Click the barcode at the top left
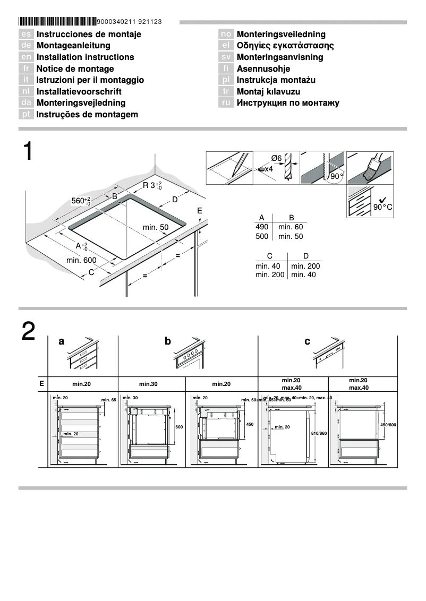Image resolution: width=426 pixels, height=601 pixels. pyautogui.click(x=57, y=22)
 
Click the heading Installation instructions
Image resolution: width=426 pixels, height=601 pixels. pyautogui.click(x=85, y=57)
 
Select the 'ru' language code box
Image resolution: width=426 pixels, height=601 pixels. pyautogui.click(x=226, y=103)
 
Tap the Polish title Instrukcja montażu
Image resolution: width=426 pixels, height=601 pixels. pyautogui.click(x=276, y=80)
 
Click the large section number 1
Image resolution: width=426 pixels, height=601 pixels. pyautogui.click(x=28, y=152)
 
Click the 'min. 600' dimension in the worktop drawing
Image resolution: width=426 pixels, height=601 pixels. pyautogui.click(x=81, y=260)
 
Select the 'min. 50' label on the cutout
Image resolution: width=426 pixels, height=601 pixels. pyautogui.click(x=156, y=227)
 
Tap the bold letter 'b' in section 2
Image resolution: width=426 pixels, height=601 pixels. pyautogui.click(x=168, y=341)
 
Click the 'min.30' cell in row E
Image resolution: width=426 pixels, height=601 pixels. pyautogui.click(x=151, y=384)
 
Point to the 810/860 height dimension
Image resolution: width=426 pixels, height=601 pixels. pyautogui.click(x=319, y=434)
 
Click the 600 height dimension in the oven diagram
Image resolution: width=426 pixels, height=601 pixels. pyautogui.click(x=179, y=427)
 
